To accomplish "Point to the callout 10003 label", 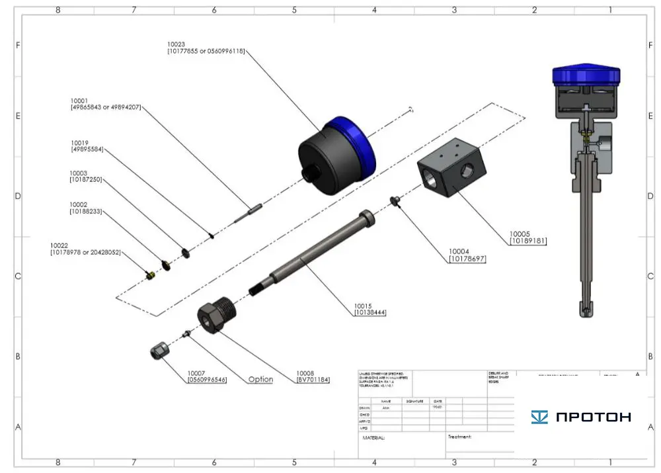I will point(79,173).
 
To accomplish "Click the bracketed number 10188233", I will point(86,212).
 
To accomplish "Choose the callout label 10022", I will point(59,245).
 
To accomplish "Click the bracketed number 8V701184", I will point(313,380).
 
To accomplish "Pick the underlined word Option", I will point(260,379).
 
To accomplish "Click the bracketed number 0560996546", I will point(207,380).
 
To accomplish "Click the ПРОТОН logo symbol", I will point(539,417).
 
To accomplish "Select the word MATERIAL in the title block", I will point(373,438).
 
